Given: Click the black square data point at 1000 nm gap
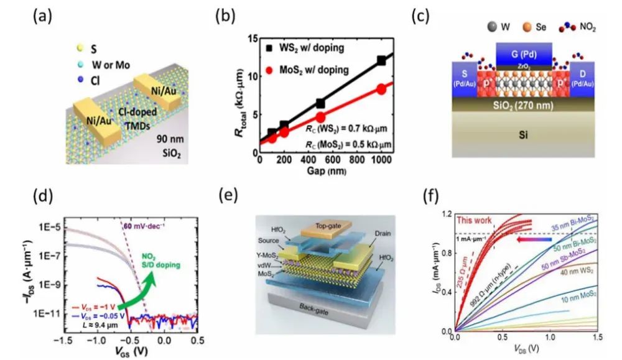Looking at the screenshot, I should [x=381, y=60].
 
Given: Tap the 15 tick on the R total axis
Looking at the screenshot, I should [x=251, y=39].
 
